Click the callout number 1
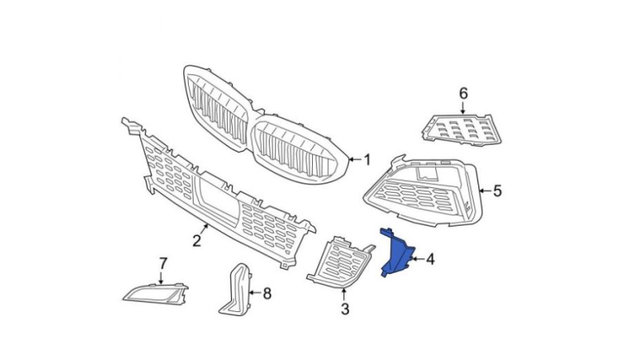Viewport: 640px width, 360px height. pos(367,160)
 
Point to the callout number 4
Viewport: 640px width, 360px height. pos(430,259)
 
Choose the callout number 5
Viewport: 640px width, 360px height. pos(497,190)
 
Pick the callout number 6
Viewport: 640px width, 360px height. pos(462,94)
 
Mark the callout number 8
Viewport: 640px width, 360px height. pos(266,294)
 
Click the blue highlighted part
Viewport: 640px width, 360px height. pos(397,252)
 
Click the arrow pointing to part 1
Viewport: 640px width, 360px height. pos(354,160)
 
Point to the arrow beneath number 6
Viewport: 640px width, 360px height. pos(462,109)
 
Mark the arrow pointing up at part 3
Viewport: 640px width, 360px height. pos(345,294)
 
